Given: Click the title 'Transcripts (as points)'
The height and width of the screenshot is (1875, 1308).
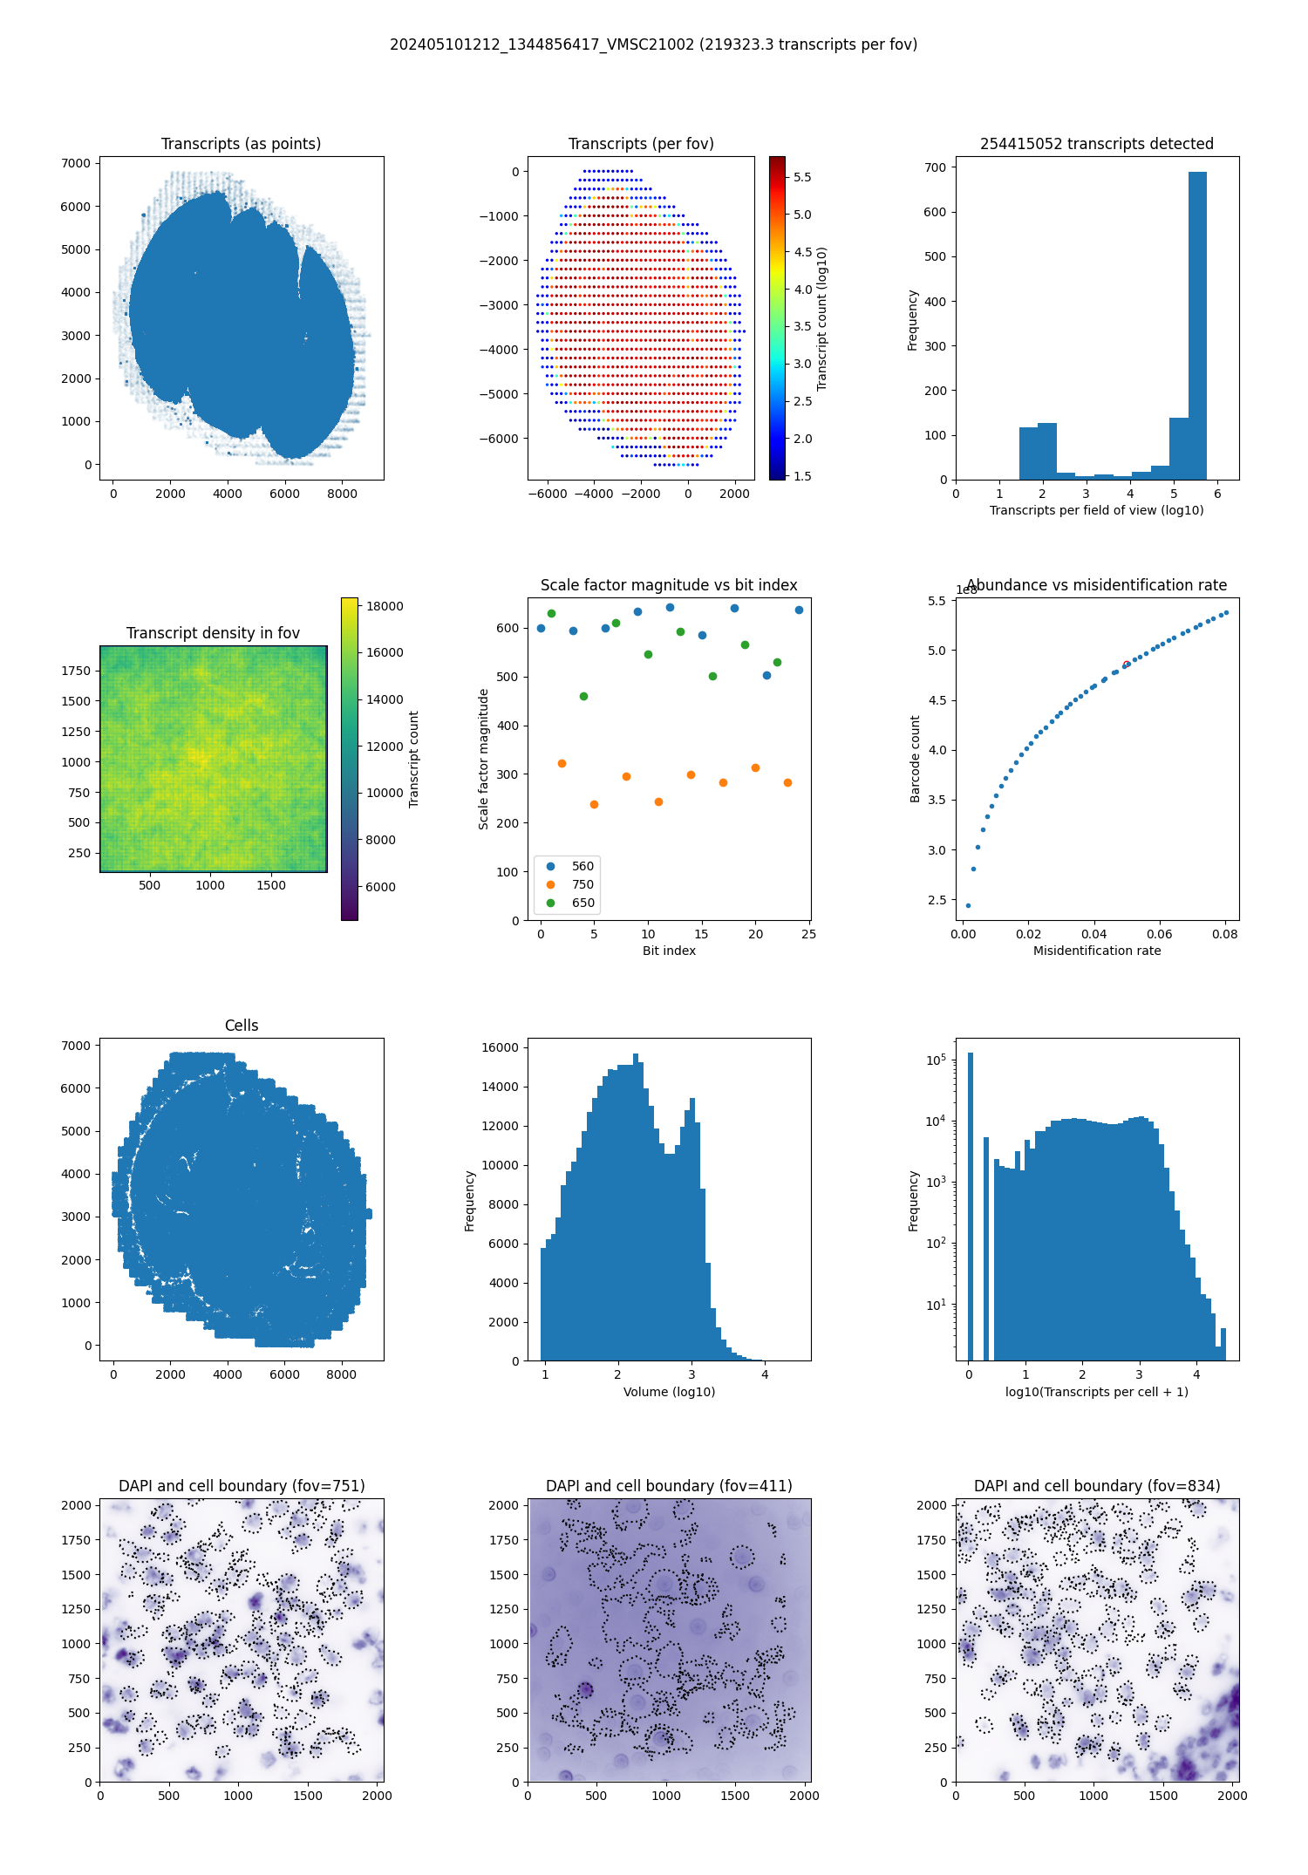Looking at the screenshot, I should tap(241, 144).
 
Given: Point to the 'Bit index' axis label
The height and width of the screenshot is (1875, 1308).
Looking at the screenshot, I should tap(669, 951).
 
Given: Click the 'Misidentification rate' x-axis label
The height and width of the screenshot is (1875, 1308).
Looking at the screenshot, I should tap(1097, 951).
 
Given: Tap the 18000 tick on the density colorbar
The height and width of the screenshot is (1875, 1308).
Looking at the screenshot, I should tap(385, 606).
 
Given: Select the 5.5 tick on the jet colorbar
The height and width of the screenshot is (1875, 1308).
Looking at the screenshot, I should tap(802, 177).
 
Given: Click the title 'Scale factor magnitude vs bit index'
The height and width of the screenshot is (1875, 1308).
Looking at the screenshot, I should tap(669, 585).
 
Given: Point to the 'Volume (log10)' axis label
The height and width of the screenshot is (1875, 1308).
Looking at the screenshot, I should tap(669, 1392).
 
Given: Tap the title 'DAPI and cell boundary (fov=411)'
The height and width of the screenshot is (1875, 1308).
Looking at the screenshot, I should tap(669, 1486).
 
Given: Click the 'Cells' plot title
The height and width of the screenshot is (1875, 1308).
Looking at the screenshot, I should tap(242, 1026).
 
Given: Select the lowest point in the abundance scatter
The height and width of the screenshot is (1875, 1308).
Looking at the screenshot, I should tap(968, 905).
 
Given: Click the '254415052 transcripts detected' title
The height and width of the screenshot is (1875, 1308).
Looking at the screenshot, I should tap(1097, 144).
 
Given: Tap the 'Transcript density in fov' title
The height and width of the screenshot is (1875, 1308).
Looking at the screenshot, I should tap(213, 633).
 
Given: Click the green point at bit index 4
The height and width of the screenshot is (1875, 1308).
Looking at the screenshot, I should tap(583, 696).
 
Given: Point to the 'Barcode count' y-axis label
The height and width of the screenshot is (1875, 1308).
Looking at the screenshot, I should tap(915, 759).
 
